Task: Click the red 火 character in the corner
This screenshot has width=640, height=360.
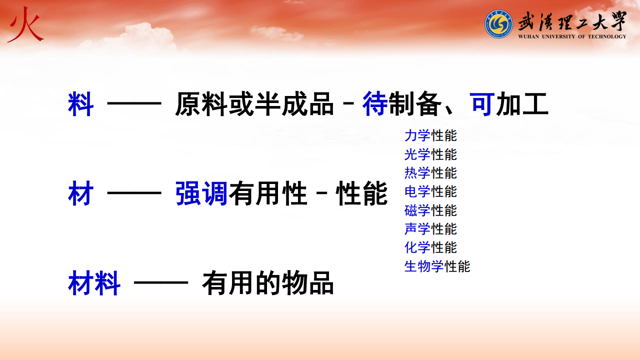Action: click(x=25, y=25)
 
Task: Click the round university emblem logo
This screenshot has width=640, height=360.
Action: click(x=498, y=24)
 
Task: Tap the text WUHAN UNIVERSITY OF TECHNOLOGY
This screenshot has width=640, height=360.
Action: click(x=572, y=36)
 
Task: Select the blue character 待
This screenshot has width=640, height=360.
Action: click(x=375, y=103)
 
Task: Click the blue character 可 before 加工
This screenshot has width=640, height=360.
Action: click(x=482, y=104)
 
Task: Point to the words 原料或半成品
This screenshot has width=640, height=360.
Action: click(x=254, y=103)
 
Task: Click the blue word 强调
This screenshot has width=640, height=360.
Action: click(x=201, y=193)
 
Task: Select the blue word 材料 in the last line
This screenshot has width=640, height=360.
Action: click(x=94, y=283)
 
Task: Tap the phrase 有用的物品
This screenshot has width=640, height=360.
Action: click(x=267, y=283)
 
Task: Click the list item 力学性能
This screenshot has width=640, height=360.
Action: click(x=430, y=135)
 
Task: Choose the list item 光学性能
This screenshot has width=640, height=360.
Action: click(x=430, y=154)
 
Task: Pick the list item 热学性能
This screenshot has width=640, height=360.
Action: click(x=430, y=173)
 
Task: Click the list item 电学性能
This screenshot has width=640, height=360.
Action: click(x=430, y=191)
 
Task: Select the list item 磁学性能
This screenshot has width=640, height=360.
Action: click(x=430, y=210)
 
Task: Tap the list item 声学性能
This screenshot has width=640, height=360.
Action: click(x=430, y=229)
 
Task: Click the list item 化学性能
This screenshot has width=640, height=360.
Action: click(x=430, y=247)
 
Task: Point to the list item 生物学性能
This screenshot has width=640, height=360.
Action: click(x=437, y=266)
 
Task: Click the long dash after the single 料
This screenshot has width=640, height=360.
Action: click(x=134, y=103)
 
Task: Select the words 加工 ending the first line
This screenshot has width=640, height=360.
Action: click(x=522, y=104)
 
